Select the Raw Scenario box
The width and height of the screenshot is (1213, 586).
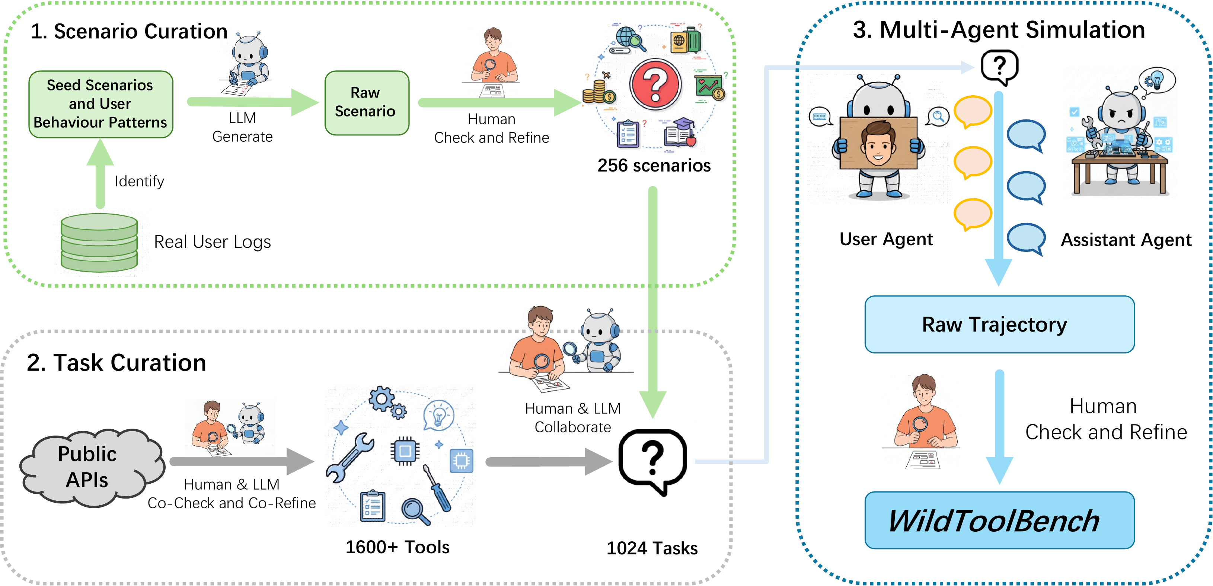pos(366,102)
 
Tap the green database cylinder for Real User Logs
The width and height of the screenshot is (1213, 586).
pos(99,243)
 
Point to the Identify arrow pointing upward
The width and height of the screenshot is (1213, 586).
pos(100,174)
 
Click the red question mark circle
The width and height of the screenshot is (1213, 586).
pos(655,85)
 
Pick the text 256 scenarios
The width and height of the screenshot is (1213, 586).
pos(654,166)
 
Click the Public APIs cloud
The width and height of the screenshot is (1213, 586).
pos(89,467)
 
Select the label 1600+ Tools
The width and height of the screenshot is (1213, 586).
pos(397,547)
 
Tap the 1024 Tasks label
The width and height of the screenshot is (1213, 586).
pos(652,548)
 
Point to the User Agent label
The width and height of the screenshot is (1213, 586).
pos(885,239)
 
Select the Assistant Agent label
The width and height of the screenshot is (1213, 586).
pos(1126,240)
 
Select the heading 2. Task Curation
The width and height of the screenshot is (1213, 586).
pos(116,362)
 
